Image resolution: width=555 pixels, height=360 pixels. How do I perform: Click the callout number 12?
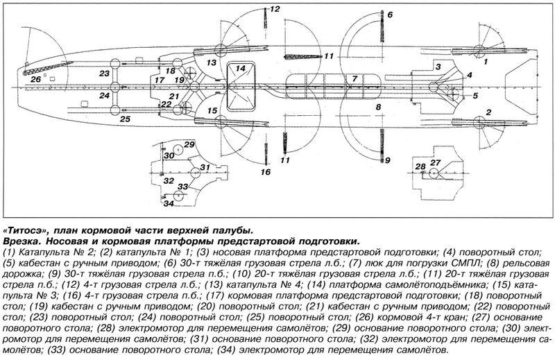[x=275, y=9]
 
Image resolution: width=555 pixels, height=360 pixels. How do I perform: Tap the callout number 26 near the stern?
[x=36, y=79]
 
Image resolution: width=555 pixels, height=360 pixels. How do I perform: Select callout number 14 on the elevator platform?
[x=240, y=68]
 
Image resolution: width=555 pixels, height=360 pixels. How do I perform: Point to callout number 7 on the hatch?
[x=355, y=78]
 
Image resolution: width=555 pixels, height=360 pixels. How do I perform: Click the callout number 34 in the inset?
[x=169, y=203]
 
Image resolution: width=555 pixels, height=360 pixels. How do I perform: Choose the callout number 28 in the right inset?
[x=420, y=166]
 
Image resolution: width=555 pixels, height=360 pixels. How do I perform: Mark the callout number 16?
[x=266, y=172]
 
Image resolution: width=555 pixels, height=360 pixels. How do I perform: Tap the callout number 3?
[x=438, y=66]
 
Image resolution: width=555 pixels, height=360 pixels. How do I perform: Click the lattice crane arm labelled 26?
[x=48, y=67]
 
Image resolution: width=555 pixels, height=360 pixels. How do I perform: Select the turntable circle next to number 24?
[x=115, y=87]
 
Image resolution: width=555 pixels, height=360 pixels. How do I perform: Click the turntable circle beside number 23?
[x=115, y=64]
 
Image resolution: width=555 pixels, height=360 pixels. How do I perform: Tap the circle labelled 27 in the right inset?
[x=434, y=173]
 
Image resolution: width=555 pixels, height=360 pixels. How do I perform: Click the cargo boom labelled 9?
[x=382, y=145]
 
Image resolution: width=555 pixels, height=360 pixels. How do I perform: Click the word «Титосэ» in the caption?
[x=25, y=230]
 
